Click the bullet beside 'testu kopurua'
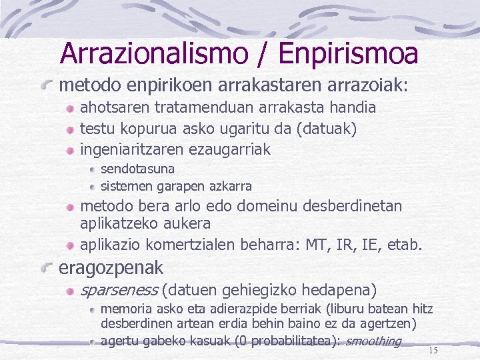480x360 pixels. point(70,128)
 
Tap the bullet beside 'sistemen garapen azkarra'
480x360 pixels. point(93,186)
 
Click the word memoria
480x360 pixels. point(125,309)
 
